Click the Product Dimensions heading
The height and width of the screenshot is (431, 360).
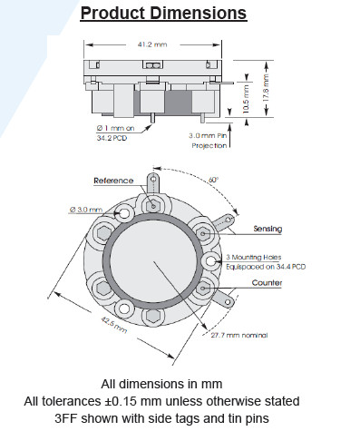163,14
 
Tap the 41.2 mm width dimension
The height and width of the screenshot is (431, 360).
152,44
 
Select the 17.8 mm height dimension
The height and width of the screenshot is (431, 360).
266,88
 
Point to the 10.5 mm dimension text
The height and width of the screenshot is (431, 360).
246,99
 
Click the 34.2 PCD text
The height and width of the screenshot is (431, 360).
112,138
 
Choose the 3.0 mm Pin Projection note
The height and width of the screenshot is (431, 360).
209,141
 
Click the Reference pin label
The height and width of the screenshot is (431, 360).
113,181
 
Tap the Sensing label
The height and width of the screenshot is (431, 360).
268,229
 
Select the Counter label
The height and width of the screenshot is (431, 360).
267,283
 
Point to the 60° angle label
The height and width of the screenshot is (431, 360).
213,180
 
